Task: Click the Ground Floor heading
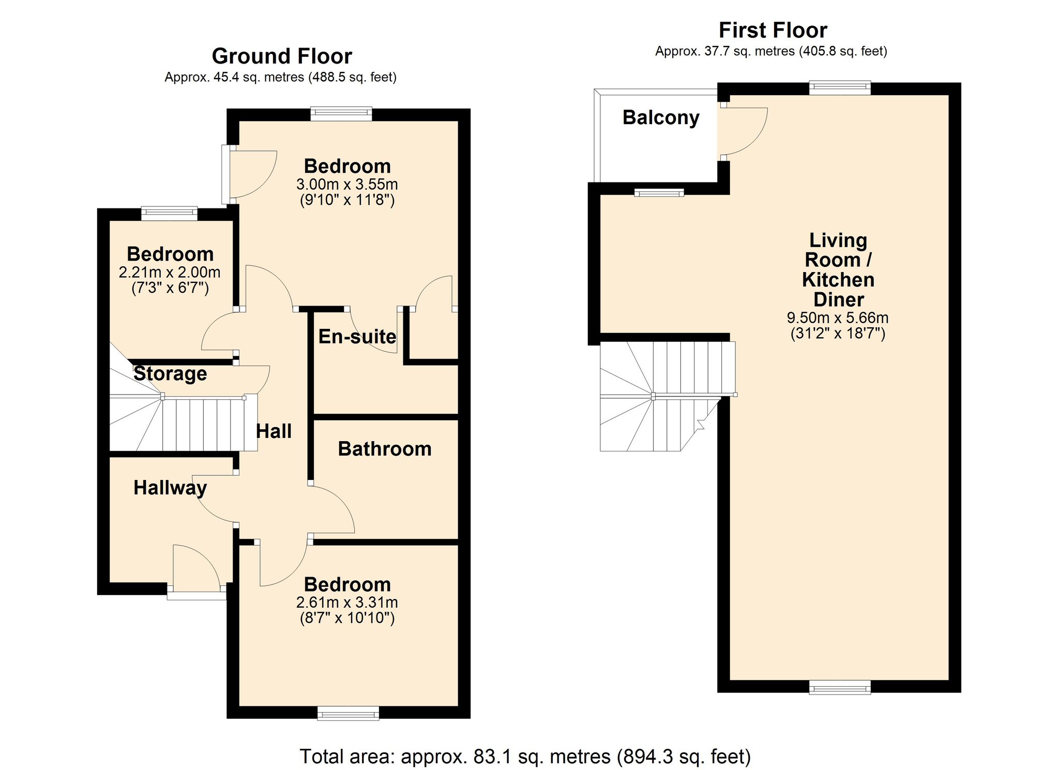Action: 282,56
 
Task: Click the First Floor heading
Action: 773,30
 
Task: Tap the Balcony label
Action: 661,117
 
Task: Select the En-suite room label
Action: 357,337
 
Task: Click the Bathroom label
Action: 385,449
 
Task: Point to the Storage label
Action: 170,373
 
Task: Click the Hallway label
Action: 170,488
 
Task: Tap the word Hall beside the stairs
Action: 274,431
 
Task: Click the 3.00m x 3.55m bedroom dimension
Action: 347,184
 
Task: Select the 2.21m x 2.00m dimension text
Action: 170,272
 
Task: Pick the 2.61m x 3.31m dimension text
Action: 347,602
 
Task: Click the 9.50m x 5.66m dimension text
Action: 838,318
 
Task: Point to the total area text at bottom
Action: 525,757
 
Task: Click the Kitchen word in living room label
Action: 838,280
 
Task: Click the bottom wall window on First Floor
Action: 840,688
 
